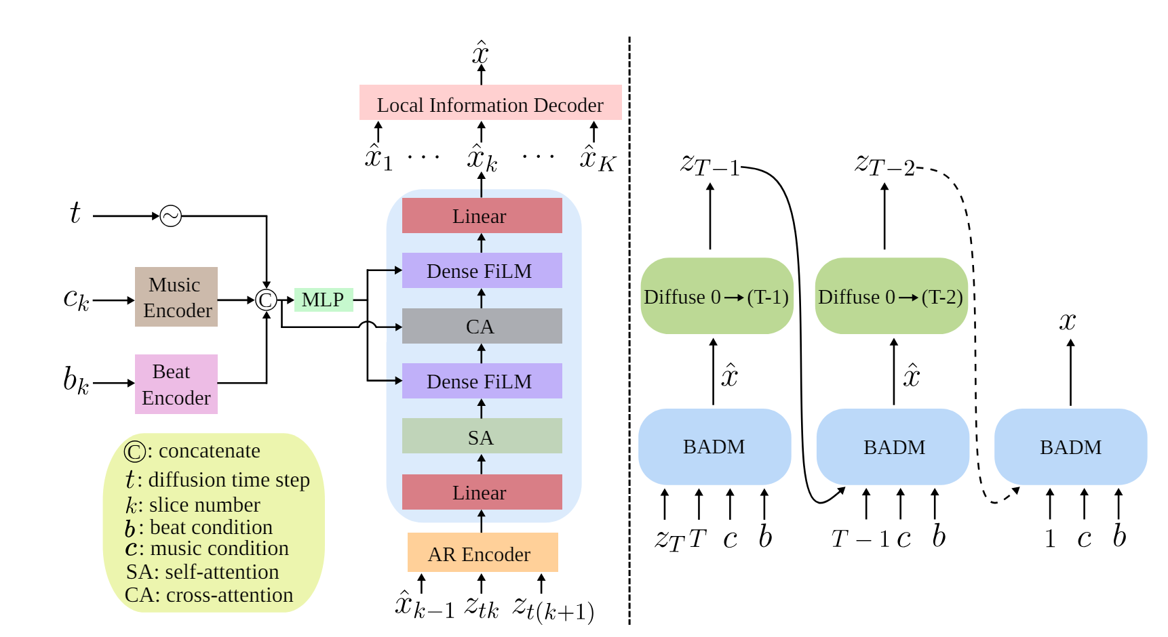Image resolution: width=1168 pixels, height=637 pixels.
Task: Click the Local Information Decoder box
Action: [x=490, y=103]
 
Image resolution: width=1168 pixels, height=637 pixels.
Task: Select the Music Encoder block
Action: [x=176, y=297]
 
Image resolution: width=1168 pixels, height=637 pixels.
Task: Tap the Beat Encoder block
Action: [x=176, y=384]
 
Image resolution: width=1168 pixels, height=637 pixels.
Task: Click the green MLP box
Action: [x=324, y=300]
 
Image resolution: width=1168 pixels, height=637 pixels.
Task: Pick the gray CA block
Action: [x=482, y=326]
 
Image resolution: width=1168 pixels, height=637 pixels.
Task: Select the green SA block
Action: [x=482, y=436]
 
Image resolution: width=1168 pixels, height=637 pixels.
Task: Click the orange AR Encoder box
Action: [x=482, y=553]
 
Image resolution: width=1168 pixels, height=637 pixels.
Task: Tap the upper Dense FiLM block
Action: [x=482, y=270]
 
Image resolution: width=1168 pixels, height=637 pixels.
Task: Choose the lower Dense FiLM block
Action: [x=482, y=381]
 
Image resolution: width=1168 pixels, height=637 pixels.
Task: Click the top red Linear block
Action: [x=482, y=215]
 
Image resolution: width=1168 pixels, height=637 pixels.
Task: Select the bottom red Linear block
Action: [x=482, y=492]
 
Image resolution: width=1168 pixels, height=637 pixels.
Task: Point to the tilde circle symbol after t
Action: [x=171, y=216]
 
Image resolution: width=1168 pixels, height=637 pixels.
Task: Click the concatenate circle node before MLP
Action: [x=266, y=300]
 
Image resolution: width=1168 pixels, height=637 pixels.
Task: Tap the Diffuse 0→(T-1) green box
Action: [x=716, y=296]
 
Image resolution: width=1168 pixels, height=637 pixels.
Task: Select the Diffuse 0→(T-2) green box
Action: [x=891, y=296]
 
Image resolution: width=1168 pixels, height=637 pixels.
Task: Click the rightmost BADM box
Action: [x=1070, y=447]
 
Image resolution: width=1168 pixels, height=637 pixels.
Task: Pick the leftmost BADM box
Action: [x=714, y=447]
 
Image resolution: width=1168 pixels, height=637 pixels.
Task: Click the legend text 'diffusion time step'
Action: [x=229, y=480]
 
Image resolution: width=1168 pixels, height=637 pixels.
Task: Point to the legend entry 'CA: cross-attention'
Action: [x=209, y=595]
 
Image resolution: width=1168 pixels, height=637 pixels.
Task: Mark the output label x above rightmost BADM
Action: [x=1068, y=321]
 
